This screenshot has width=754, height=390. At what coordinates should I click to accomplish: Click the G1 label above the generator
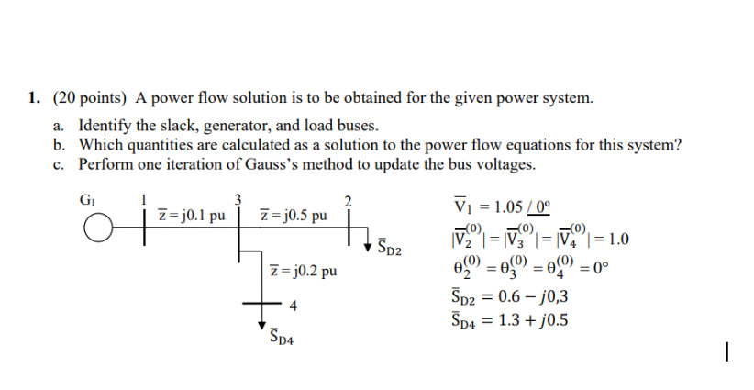(87, 195)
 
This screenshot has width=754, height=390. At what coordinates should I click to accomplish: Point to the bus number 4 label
(292, 305)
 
